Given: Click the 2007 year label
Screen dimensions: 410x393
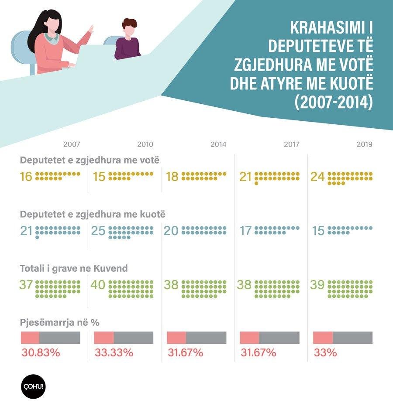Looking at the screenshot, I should pyautogui.click(x=72, y=144).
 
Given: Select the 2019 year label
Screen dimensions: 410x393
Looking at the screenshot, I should pyautogui.click(x=364, y=144).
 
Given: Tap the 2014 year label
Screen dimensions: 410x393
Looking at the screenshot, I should pyautogui.click(x=218, y=144).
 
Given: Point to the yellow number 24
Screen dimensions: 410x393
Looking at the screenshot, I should pyautogui.click(x=317, y=177).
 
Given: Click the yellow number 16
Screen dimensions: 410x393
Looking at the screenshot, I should pyautogui.click(x=26, y=177).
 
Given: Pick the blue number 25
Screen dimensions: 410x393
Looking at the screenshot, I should pyautogui.click(x=99, y=231).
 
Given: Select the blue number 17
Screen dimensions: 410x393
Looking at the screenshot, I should pyautogui.click(x=246, y=231).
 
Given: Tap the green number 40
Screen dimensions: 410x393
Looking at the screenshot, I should pyautogui.click(x=98, y=285).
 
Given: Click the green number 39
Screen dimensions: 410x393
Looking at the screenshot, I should pyautogui.click(x=317, y=285).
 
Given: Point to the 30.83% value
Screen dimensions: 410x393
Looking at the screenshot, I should pyautogui.click(x=40, y=352).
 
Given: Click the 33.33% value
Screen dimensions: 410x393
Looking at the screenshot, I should pyautogui.click(x=114, y=352).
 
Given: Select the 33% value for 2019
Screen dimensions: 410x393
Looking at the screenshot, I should pyautogui.click(x=325, y=352).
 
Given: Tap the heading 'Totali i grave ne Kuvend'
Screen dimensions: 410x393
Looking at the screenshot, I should pyautogui.click(x=74, y=268).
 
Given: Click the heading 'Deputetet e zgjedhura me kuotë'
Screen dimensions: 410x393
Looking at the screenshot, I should pyautogui.click(x=93, y=214).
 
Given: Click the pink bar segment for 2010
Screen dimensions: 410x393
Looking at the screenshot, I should pyautogui.click(x=104, y=338).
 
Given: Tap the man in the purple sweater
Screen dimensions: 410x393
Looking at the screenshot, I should pyautogui.click(x=128, y=41).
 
